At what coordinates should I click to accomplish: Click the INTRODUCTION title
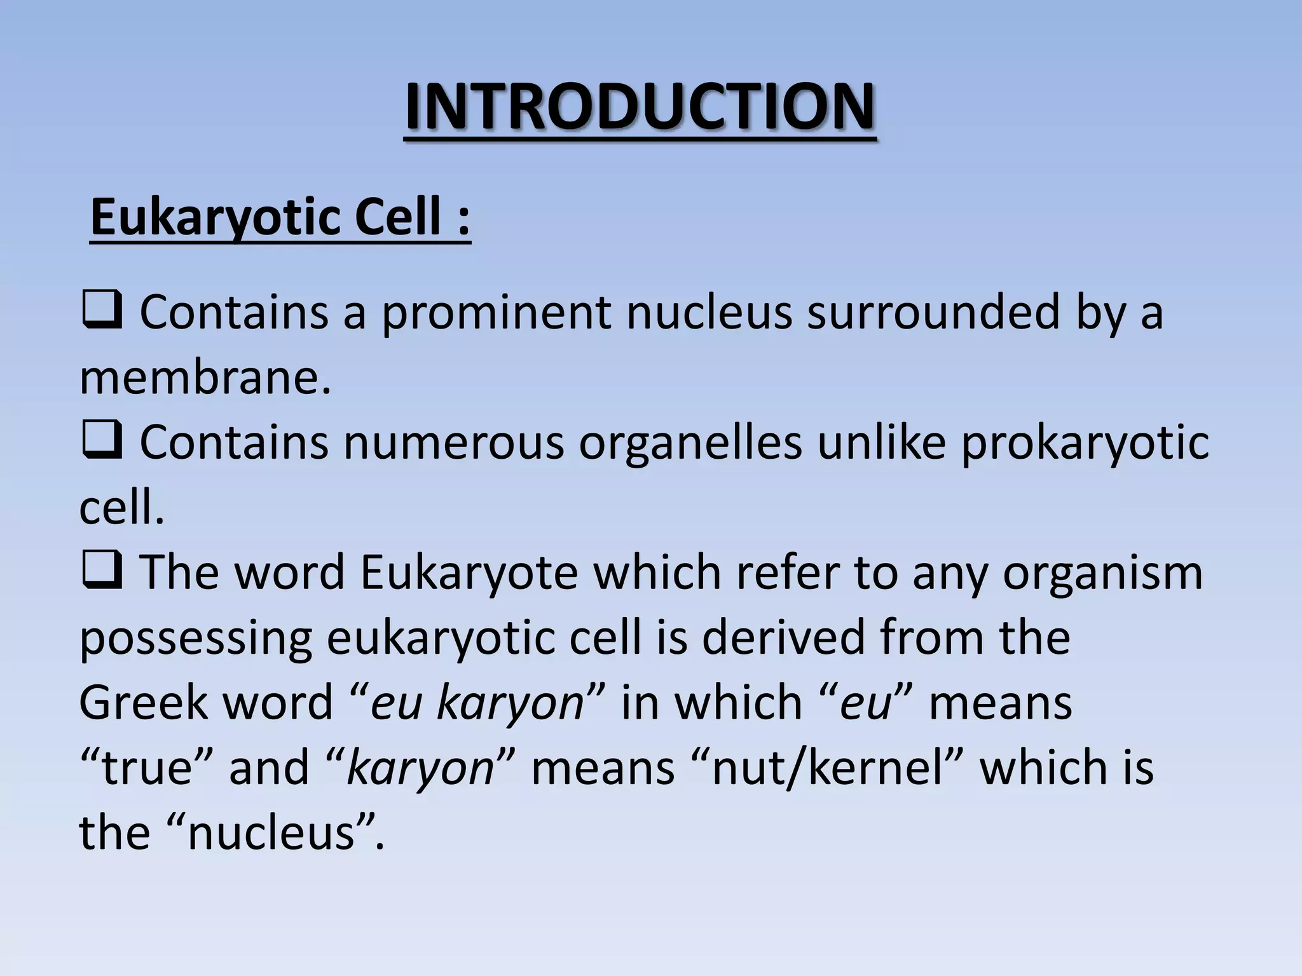click(x=640, y=107)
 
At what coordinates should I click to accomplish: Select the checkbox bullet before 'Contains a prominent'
click(x=102, y=313)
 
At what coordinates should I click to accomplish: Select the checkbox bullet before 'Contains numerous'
click(x=102, y=442)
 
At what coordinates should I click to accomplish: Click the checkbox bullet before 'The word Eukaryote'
click(x=102, y=572)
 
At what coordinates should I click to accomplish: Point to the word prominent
click(x=496, y=314)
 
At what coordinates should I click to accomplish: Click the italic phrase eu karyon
click(x=477, y=704)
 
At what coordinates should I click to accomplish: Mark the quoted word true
click(x=147, y=768)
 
